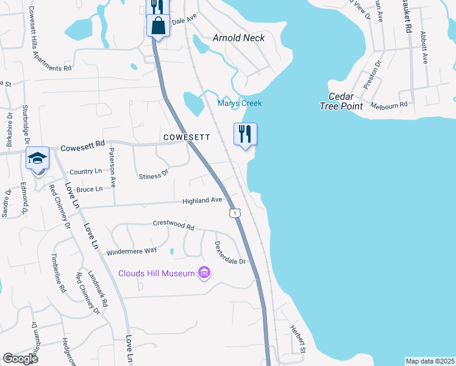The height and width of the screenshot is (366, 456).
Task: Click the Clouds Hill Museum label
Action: tap(156, 273)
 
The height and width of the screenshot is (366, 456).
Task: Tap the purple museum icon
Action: tap(204, 273)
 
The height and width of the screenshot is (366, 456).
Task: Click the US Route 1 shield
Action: tap(234, 212)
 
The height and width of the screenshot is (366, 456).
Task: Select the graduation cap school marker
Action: tap(37, 159)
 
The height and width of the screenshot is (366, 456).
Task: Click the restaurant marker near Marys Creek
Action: tap(245, 134)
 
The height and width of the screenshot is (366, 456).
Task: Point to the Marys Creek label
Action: tap(240, 103)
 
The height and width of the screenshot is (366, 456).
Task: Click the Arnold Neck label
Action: tap(238, 38)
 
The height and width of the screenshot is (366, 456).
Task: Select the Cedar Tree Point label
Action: tap(341, 101)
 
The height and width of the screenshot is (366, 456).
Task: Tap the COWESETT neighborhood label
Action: tap(187, 137)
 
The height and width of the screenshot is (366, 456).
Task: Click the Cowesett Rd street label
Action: tap(83, 146)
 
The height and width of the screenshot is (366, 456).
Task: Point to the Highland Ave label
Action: tap(202, 200)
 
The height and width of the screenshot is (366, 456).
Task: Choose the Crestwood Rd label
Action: tap(173, 226)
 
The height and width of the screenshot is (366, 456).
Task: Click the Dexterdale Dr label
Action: tap(230, 253)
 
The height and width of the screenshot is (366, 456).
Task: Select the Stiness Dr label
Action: tap(153, 176)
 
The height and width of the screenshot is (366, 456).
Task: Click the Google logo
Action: tap(20, 359)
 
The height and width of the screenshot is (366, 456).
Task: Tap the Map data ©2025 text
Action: tap(430, 361)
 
